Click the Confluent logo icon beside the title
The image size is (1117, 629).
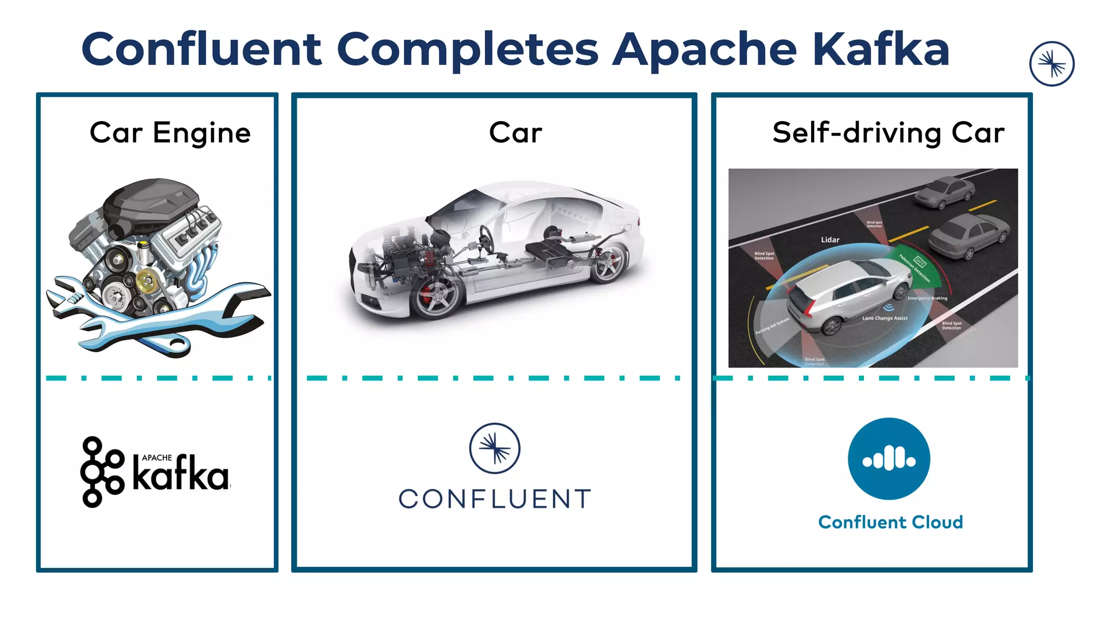[x=1052, y=64]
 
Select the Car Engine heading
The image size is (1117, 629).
[x=170, y=133]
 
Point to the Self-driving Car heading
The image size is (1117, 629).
[x=888, y=133]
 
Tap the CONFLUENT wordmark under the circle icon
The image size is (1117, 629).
[x=495, y=499]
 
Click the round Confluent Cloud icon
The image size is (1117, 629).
[x=888, y=459]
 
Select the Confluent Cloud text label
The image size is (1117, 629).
[x=890, y=522]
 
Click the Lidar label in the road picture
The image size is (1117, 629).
[x=830, y=240]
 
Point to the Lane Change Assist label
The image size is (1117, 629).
[x=885, y=318]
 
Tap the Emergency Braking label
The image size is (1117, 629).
[x=927, y=298]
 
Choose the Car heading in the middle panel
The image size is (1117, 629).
[x=515, y=133]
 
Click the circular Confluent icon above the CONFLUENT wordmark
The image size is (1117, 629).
[x=495, y=448]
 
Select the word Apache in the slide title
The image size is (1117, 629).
[x=704, y=50]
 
